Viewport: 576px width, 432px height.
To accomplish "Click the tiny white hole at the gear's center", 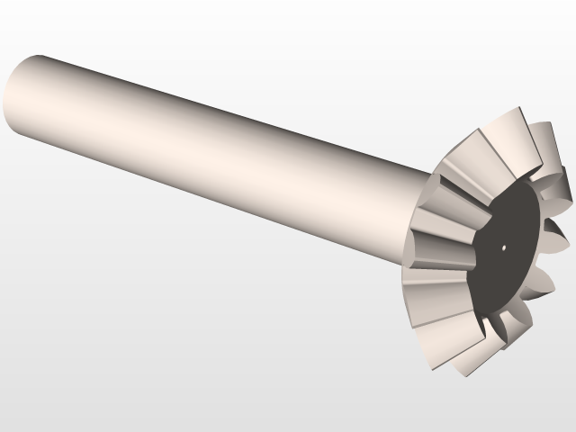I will pos(504,247).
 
